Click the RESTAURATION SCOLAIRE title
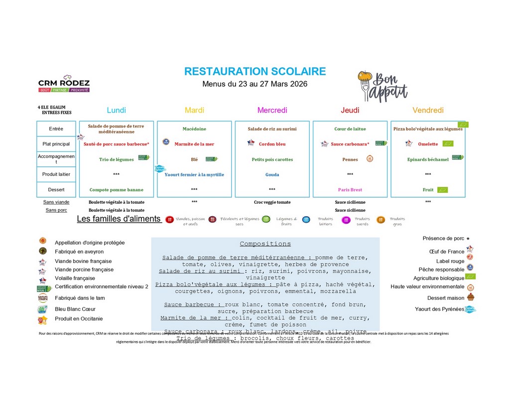255,71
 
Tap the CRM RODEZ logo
64,84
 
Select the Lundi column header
117,110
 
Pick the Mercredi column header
272,110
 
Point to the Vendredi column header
428,110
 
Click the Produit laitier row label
56,174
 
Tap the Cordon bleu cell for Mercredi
272,144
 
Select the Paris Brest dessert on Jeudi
350,190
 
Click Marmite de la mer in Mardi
194,144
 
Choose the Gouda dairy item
272,175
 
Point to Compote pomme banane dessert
117,190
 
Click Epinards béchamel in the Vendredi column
428,159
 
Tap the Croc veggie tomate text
272,202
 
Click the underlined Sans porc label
56,210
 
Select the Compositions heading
265,244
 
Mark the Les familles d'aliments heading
119,219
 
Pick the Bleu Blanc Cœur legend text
75,309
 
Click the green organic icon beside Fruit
442,190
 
